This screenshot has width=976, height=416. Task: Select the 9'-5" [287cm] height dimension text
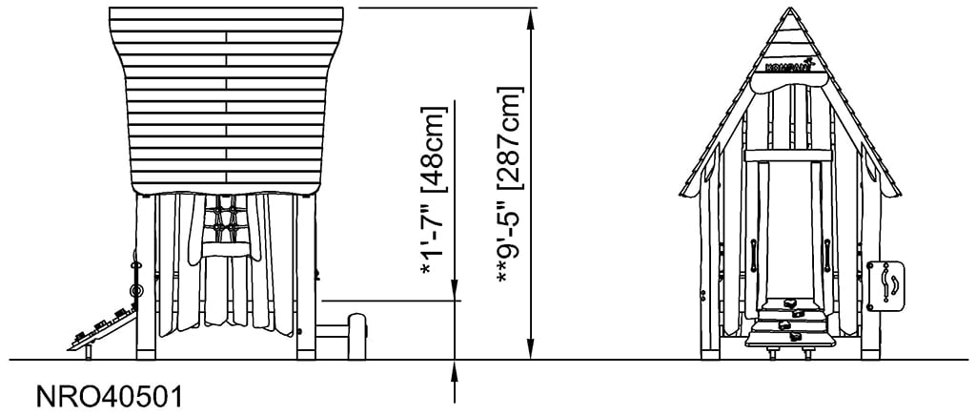[x=510, y=186]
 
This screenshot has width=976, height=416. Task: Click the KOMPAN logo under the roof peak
[x=787, y=66]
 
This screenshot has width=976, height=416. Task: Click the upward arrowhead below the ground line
[x=456, y=368]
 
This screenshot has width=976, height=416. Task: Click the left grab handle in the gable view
[x=753, y=256]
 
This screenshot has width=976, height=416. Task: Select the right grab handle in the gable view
[x=827, y=256]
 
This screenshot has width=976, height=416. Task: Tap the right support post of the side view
[x=306, y=277]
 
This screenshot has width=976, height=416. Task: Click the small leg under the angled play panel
[x=89, y=351]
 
